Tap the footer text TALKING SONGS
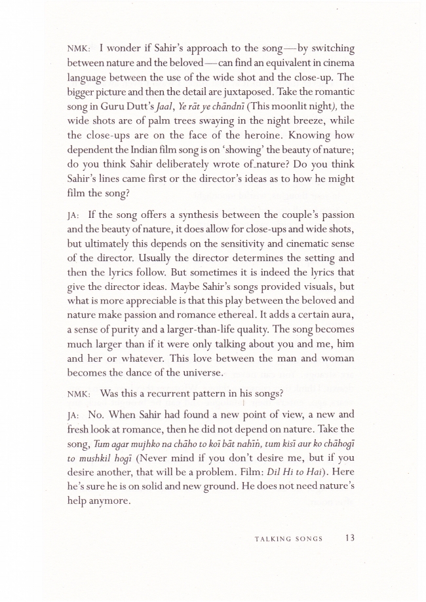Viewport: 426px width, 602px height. (288, 539)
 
